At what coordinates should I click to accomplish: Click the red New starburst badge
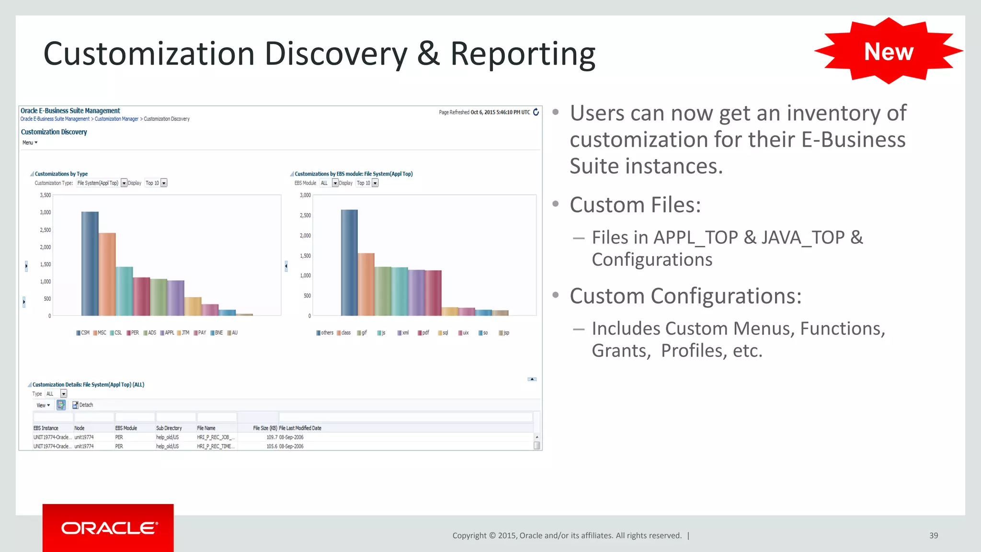(889, 51)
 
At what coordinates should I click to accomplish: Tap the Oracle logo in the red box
(109, 528)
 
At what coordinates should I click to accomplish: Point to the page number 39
(933, 536)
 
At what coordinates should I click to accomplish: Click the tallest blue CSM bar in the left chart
(90, 264)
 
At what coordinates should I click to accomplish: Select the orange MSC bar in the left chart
(107, 274)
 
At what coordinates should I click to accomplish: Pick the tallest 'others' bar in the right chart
(349, 263)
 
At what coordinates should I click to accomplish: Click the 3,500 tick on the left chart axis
(45, 195)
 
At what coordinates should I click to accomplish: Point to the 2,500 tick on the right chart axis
(305, 216)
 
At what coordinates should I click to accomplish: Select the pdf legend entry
(423, 333)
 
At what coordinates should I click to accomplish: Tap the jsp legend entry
(504, 333)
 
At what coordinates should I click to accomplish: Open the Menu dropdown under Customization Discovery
(30, 143)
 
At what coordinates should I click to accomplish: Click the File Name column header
(206, 428)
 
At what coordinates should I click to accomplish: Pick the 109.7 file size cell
(272, 437)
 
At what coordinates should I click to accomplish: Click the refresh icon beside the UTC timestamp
(536, 112)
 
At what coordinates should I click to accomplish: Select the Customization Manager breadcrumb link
(116, 119)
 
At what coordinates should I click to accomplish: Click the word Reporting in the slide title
(523, 54)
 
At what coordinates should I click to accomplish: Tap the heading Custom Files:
(635, 205)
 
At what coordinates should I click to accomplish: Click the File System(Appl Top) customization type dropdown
(102, 183)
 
